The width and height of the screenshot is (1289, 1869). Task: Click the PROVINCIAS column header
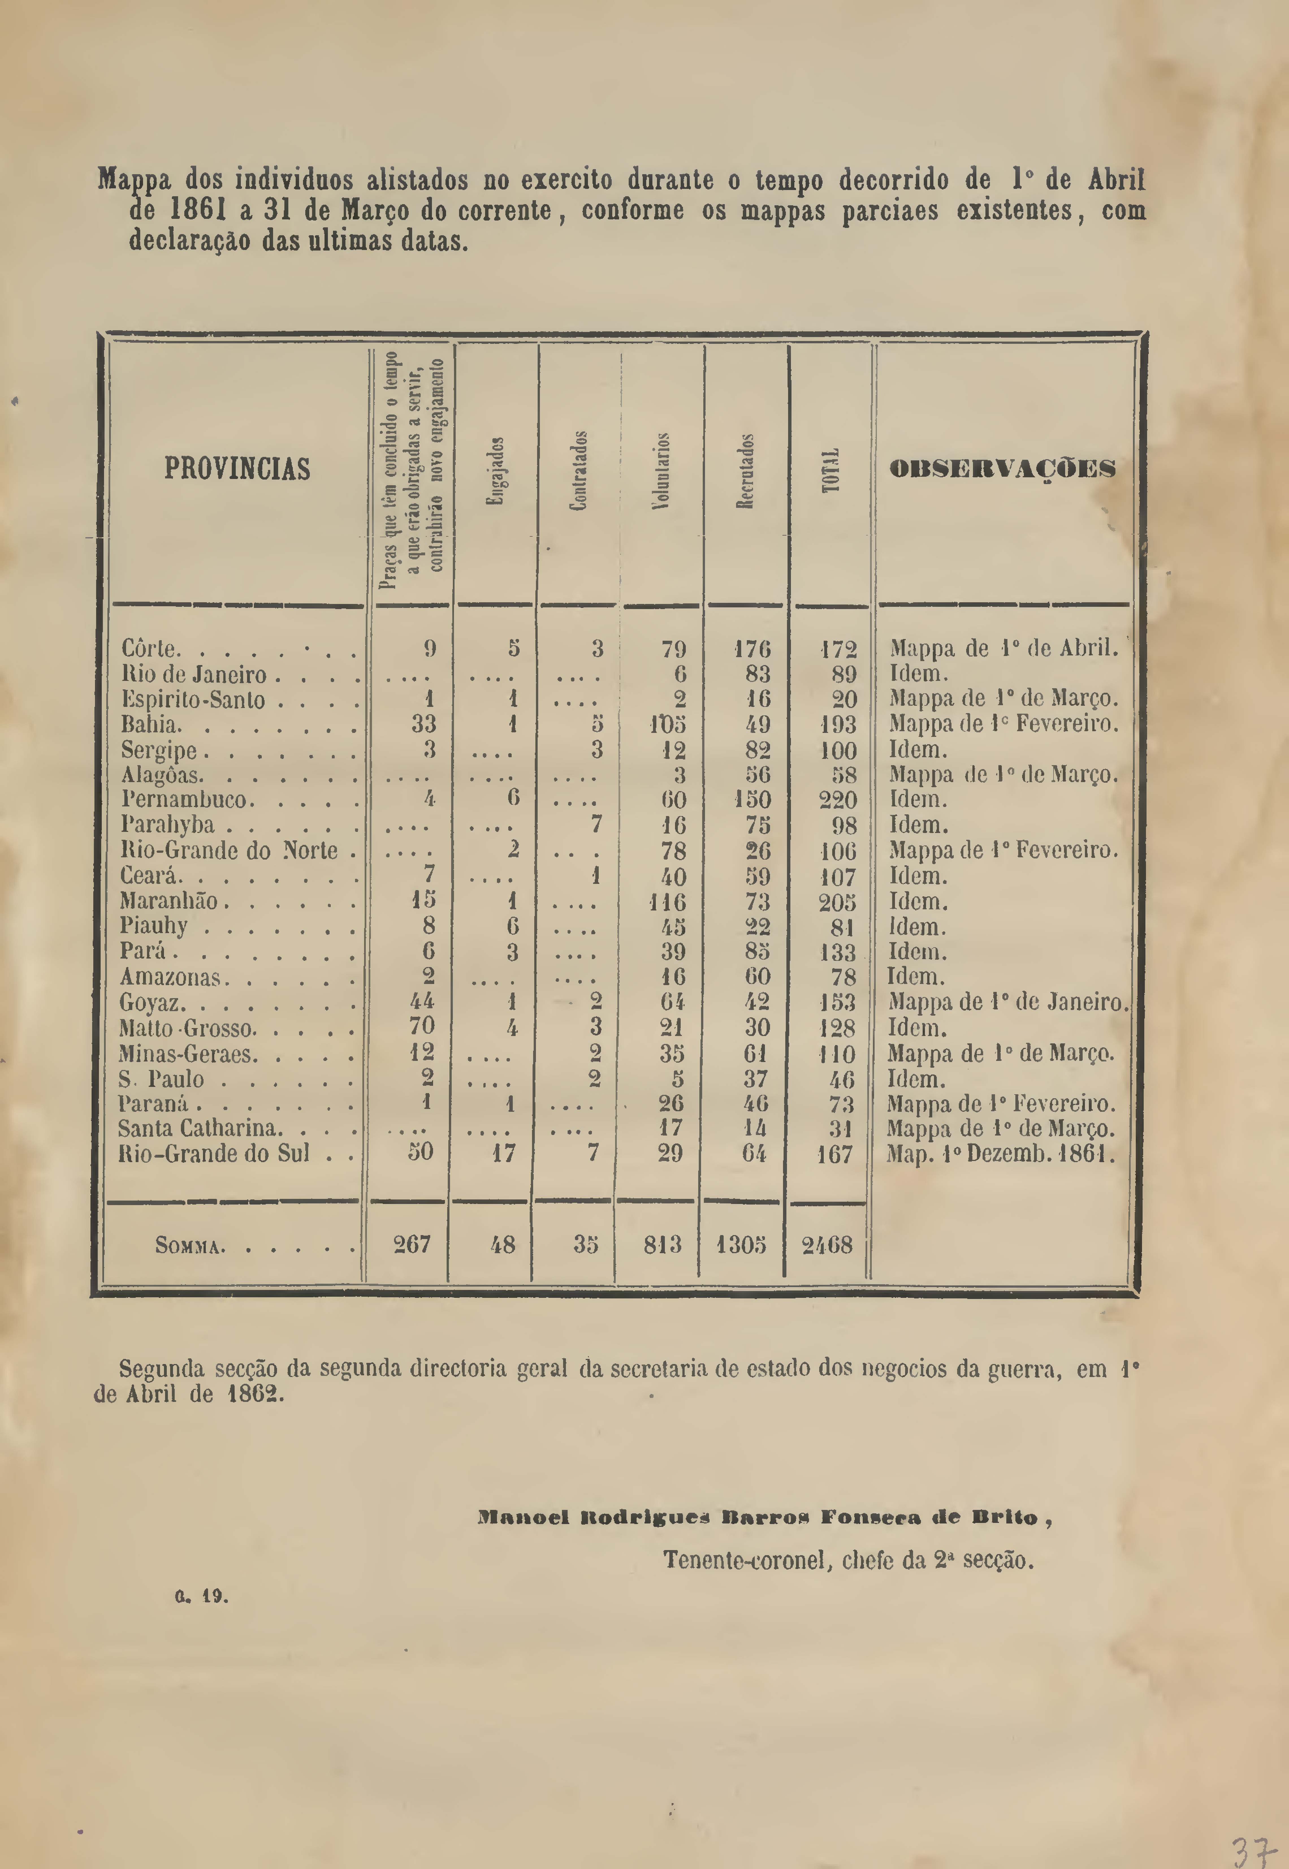pos(237,469)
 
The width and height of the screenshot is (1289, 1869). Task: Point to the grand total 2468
pos(827,1245)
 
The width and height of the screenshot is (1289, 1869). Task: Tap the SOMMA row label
pos(190,1246)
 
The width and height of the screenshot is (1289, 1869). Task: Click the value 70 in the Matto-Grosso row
pos(421,1027)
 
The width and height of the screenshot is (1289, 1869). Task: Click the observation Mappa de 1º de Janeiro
pos(1006,1002)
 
